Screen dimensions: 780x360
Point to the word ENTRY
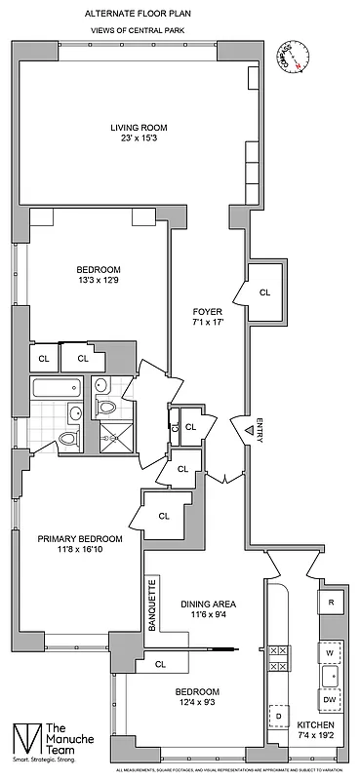(x=259, y=432)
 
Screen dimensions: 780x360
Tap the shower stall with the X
(x=121, y=435)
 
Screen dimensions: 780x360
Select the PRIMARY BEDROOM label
(x=80, y=538)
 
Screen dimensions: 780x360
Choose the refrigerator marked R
(x=331, y=603)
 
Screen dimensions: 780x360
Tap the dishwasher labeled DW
(x=331, y=700)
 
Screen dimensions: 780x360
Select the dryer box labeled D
(x=279, y=718)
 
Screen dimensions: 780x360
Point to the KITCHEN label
(x=316, y=726)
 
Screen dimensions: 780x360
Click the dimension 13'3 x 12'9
(x=99, y=282)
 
